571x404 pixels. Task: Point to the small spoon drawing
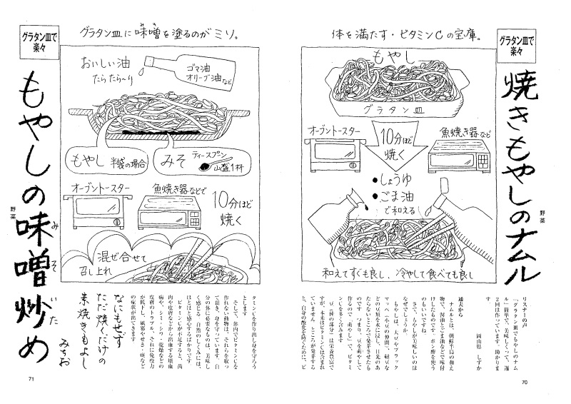(210, 166)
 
